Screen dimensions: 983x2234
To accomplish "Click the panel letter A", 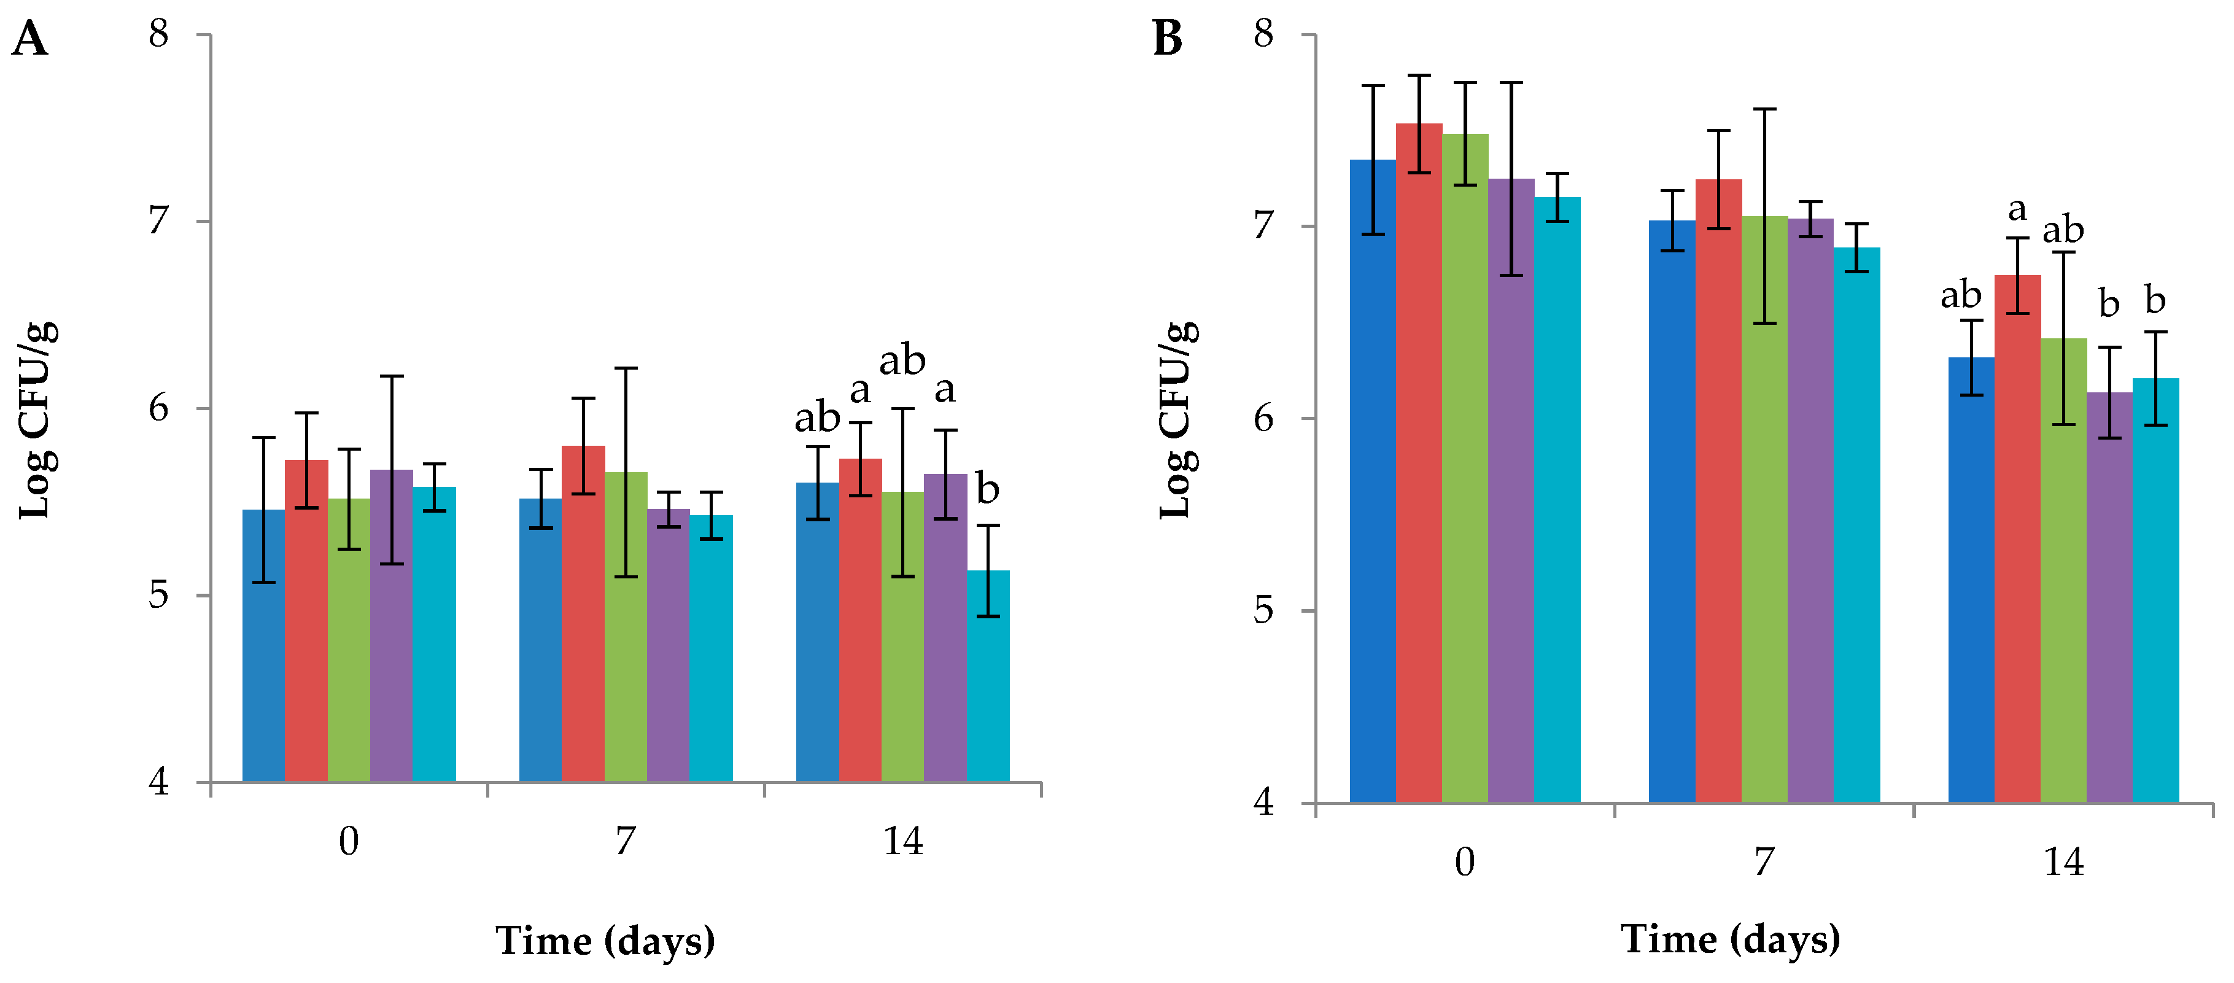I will click(29, 39).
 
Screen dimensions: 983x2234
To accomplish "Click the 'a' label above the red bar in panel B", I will click(2017, 209).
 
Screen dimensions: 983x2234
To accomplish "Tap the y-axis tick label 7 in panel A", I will click(158, 220).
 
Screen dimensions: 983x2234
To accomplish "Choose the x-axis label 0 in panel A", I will click(349, 841).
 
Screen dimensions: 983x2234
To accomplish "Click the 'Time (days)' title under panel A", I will click(605, 941).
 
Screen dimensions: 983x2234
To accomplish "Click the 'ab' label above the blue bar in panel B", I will click(1961, 295).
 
